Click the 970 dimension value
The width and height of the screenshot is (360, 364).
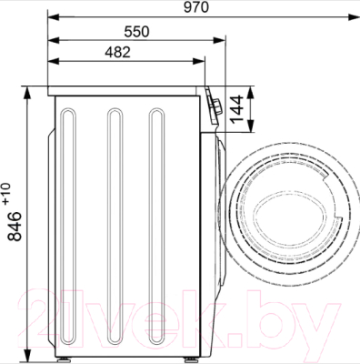click(x=196, y=7)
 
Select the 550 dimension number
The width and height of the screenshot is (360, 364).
click(x=137, y=32)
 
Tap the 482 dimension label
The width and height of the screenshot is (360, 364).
click(x=117, y=52)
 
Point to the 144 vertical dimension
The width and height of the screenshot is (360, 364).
click(x=237, y=109)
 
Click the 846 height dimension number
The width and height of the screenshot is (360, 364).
click(x=15, y=227)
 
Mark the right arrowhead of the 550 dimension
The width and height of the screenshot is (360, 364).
click(x=218, y=40)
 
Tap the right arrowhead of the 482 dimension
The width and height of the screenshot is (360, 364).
click(x=198, y=61)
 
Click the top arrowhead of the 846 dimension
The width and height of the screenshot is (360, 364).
click(x=27, y=93)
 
